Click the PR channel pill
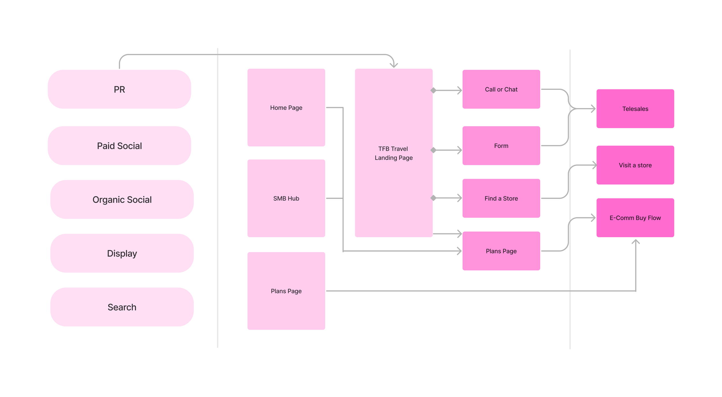coord(119,89)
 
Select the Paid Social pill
coord(119,146)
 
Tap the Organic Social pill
coord(122,199)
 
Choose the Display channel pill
coord(122,253)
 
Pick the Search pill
coord(122,307)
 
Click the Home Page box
coord(286,107)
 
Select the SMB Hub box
coord(286,198)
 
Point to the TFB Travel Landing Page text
coord(394,153)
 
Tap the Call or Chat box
coord(501,89)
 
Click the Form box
coord(501,146)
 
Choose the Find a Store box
coord(501,198)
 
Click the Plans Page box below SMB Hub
coord(286,291)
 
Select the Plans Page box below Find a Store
coord(501,251)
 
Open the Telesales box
coord(635,109)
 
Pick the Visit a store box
coord(635,165)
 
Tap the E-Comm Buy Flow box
coord(635,218)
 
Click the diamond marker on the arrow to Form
coord(433,150)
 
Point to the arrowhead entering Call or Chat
coord(459,90)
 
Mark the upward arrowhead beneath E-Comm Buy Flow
coord(635,242)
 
